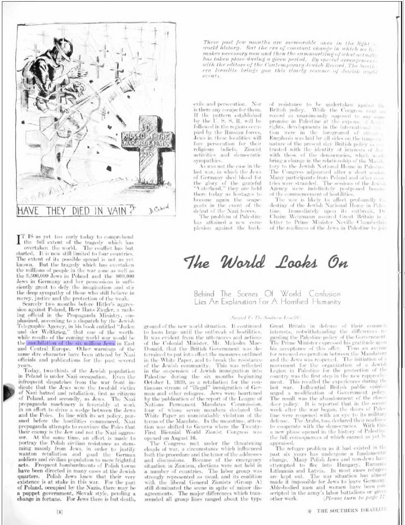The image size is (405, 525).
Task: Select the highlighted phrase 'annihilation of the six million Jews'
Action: [70, 343]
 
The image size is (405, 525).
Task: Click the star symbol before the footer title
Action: [309, 511]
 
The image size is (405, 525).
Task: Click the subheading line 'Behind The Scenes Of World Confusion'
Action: [268, 294]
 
